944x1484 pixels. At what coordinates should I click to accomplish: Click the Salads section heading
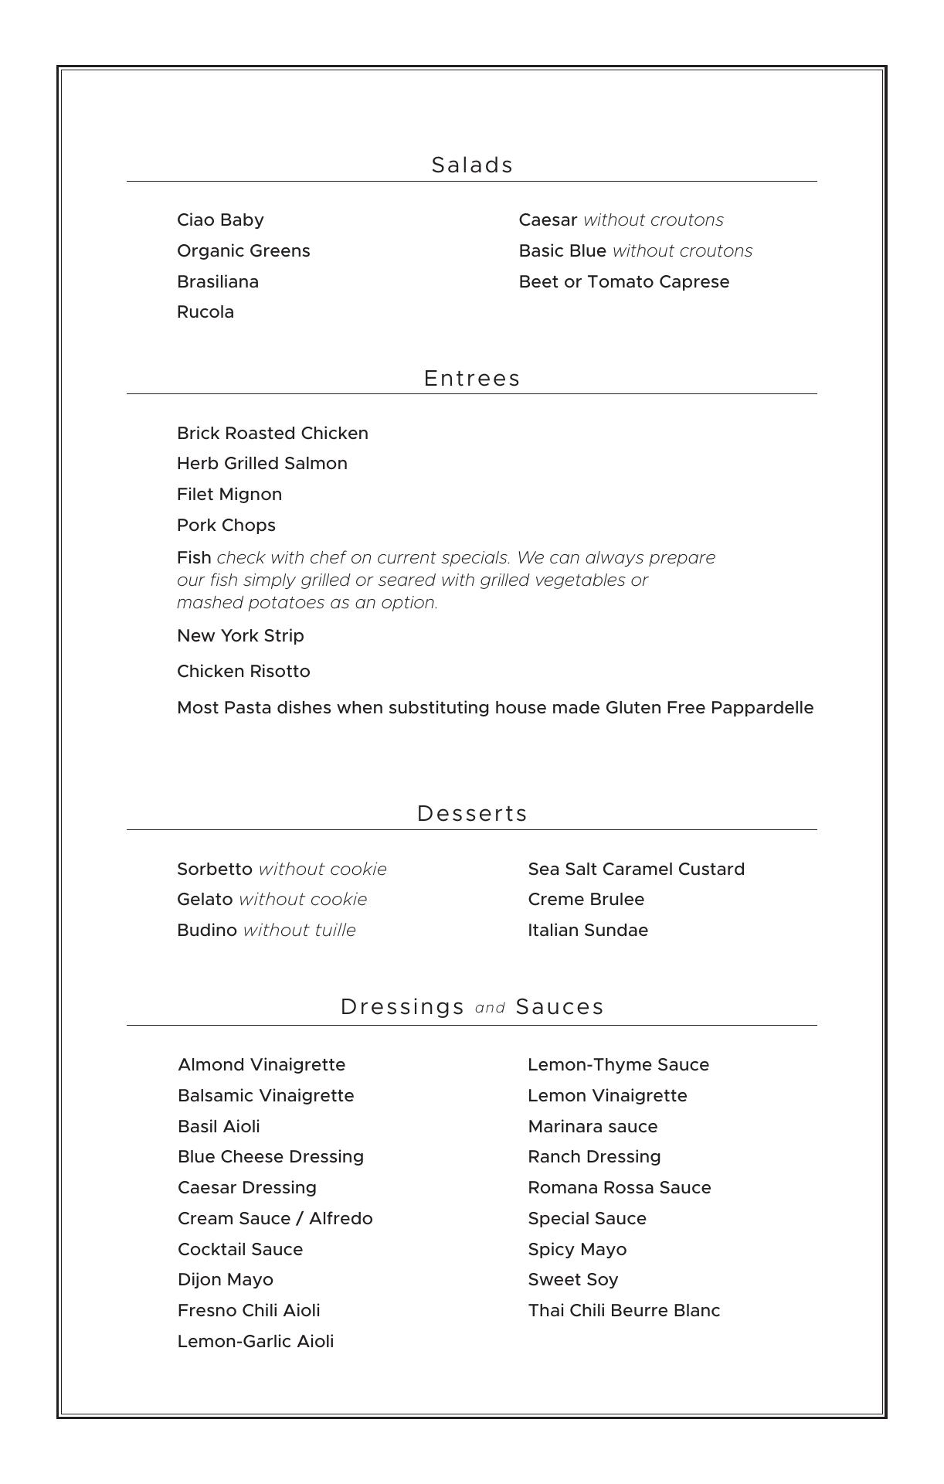472,165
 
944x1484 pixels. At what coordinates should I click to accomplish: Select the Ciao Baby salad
220,220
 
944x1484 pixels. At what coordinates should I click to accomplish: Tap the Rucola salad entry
205,312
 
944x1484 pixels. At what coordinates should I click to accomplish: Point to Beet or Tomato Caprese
623,282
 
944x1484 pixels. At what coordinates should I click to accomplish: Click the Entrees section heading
472,379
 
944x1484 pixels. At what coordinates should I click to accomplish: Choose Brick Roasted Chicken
272,434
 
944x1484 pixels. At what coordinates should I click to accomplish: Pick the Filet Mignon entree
229,495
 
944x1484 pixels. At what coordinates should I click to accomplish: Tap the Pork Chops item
226,526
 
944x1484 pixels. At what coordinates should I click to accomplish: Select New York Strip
240,636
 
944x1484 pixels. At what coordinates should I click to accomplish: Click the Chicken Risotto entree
243,672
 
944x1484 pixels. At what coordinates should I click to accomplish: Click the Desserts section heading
472,814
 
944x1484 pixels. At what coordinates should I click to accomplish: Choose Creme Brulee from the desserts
586,900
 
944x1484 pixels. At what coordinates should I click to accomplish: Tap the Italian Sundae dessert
588,931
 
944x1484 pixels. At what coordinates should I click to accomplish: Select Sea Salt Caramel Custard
636,870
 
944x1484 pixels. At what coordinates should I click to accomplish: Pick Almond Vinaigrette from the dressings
261,1065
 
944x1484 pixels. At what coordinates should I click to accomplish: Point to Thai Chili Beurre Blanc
623,1311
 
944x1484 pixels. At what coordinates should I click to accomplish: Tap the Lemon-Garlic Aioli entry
256,1342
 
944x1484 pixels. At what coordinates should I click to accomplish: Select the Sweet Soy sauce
572,1280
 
